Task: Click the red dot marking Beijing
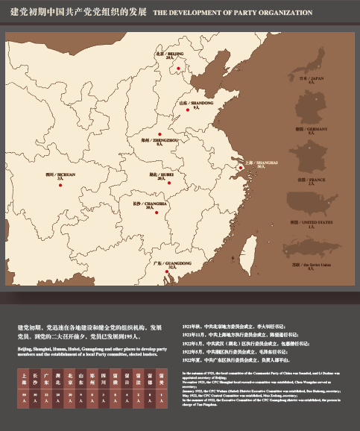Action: [x=178, y=69]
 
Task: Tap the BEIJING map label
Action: [x=169, y=54]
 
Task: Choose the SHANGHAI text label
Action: [x=261, y=161]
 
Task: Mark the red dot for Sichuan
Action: [x=60, y=186]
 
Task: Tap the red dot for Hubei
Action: [x=169, y=182]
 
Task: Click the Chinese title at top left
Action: [x=77, y=13]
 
